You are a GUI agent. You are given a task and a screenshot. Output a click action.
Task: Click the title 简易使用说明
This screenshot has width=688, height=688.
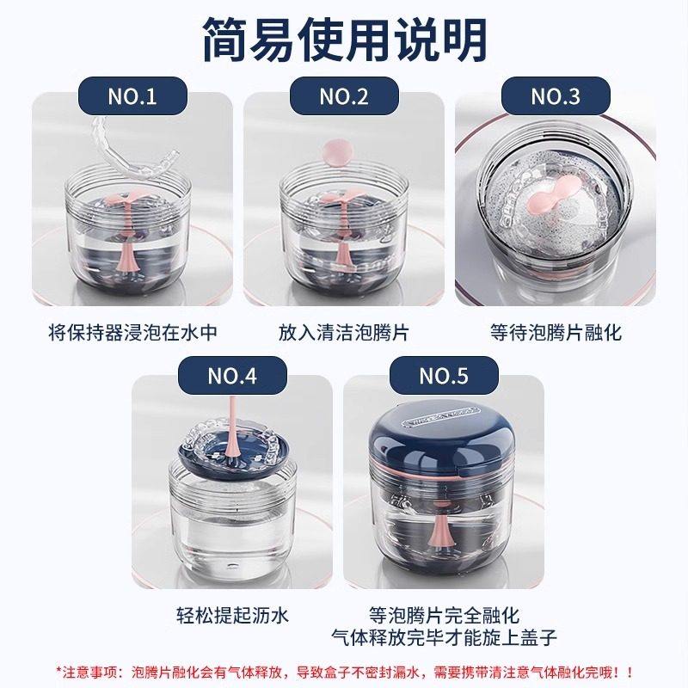coord(344,38)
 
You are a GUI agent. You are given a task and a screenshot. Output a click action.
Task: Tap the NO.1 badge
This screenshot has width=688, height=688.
coord(132,96)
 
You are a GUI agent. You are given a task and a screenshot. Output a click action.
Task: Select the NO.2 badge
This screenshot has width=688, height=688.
coord(344,96)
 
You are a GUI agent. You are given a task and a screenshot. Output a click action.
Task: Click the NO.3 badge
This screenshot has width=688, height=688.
coord(556,96)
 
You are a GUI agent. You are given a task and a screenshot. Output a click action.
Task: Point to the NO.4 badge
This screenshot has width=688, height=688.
coord(232,375)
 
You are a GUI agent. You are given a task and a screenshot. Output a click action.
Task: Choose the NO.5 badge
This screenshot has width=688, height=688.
coord(444,375)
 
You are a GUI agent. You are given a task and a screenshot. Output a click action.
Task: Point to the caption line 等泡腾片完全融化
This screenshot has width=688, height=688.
coord(444,614)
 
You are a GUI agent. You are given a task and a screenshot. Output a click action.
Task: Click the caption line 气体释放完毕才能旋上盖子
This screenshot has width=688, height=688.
coord(444,636)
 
